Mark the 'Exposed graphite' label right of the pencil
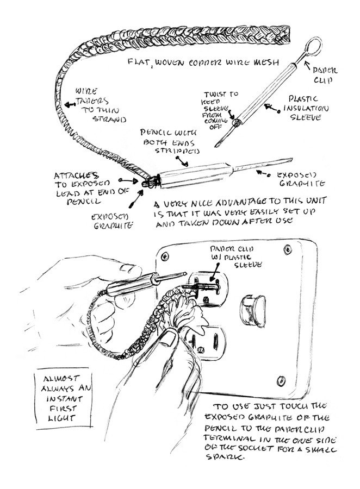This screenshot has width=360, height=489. [x=300, y=181]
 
